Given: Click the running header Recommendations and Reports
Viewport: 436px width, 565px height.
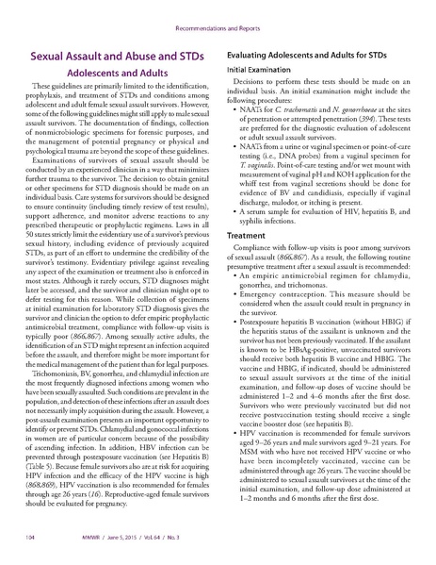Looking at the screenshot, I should coord(218,17).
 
